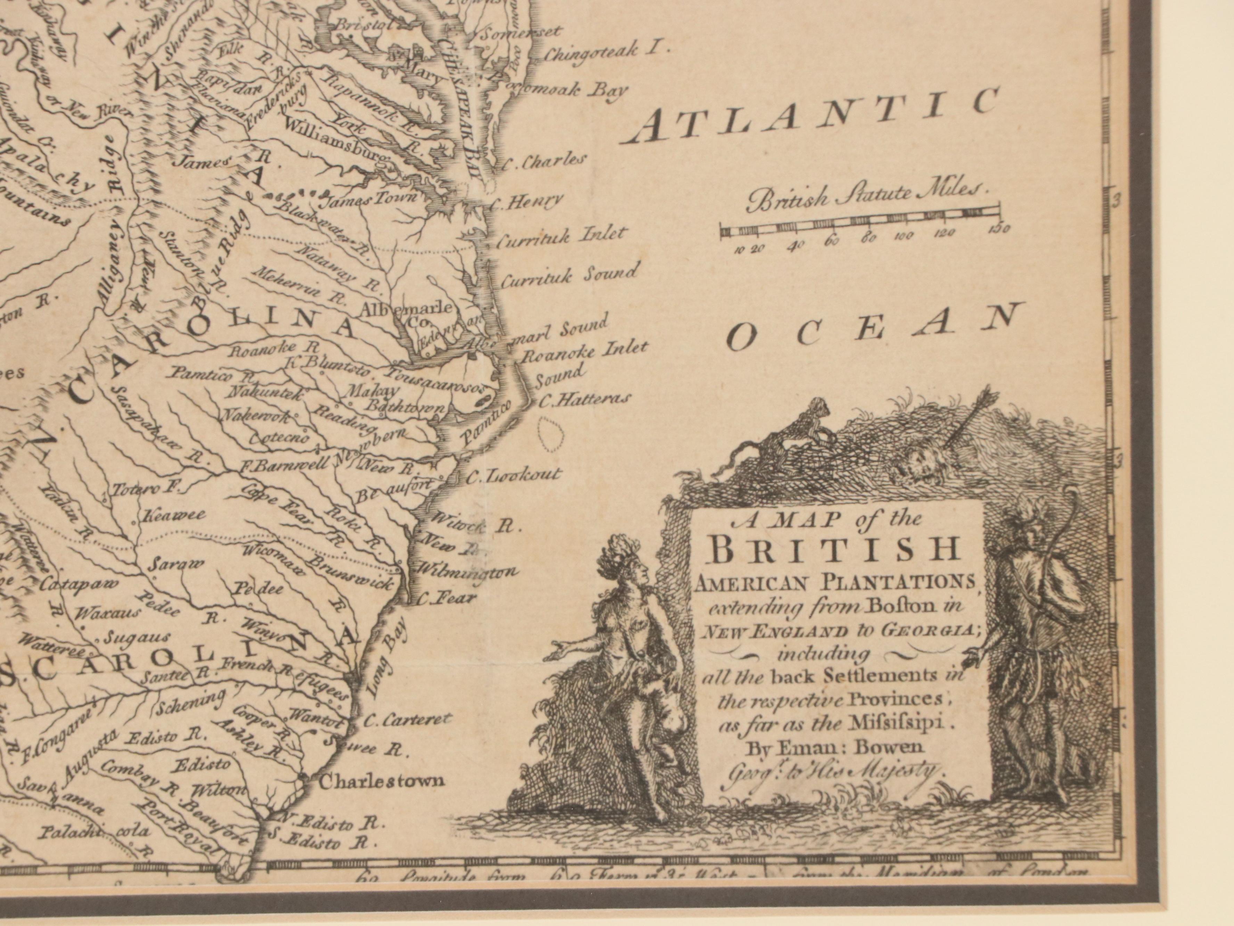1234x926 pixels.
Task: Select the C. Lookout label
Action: pyautogui.click(x=513, y=476)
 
